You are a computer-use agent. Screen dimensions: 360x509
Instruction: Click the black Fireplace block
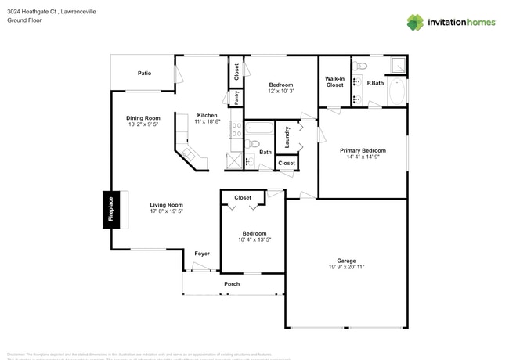pyautogui.click(x=110, y=209)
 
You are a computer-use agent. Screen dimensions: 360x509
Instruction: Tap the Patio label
pyautogui.click(x=145, y=73)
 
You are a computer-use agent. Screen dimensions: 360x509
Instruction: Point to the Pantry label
pyautogui.click(x=236, y=98)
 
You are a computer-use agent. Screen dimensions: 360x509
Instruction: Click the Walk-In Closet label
pyautogui.click(x=335, y=81)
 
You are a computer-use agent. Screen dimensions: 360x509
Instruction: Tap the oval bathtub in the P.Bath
pyautogui.click(x=396, y=91)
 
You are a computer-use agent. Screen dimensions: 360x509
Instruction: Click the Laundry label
pyautogui.click(x=287, y=137)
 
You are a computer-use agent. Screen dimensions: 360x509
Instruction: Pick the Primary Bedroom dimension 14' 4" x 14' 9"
pyautogui.click(x=362, y=157)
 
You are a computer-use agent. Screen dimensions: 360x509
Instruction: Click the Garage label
pyautogui.click(x=346, y=261)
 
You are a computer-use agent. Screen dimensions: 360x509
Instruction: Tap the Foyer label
pyautogui.click(x=202, y=253)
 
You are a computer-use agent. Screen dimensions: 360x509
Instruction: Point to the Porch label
pyautogui.click(x=232, y=283)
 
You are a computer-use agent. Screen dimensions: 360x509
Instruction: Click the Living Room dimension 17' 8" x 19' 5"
pyautogui.click(x=166, y=211)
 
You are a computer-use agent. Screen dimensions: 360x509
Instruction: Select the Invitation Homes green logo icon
pyautogui.click(x=415, y=22)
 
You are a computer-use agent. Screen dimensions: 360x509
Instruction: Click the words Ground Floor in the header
pyautogui.click(x=23, y=20)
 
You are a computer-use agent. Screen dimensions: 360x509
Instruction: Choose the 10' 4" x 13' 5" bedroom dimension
pyautogui.click(x=254, y=240)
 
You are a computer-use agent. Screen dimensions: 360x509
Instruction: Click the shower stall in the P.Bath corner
pyautogui.click(x=399, y=65)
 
